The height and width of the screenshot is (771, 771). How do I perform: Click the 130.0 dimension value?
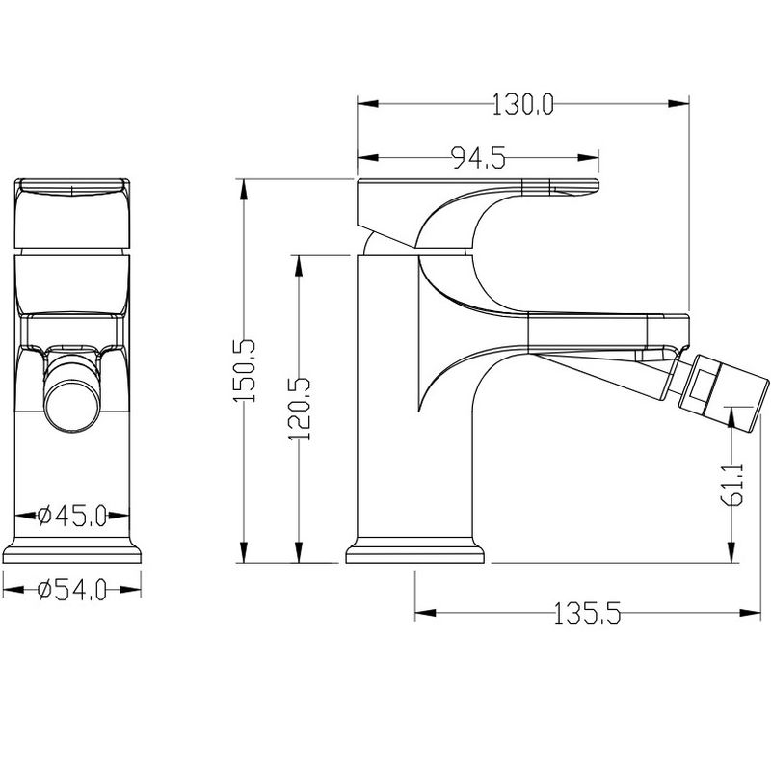522,104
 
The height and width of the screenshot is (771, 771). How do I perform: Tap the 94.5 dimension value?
478,158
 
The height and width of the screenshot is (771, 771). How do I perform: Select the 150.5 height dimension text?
245,370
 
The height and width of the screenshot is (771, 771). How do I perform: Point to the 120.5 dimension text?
299,409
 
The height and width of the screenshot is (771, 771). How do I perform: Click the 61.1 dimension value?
732,484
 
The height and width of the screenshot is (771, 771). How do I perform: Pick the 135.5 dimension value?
587,613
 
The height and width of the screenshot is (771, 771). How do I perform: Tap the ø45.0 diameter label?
71,516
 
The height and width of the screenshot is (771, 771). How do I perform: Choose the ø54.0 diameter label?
71,590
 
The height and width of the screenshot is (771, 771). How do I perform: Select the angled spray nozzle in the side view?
722,392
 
